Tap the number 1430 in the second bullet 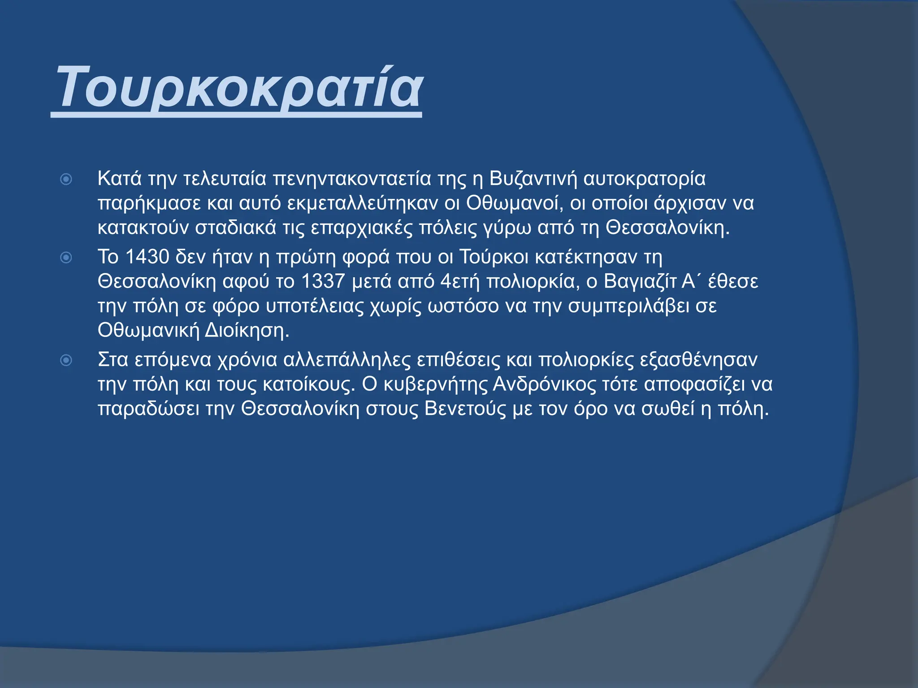[147, 257]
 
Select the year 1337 [323, 282]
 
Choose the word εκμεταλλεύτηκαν [362, 203]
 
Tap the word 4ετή [460, 282]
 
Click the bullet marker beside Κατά [66, 180]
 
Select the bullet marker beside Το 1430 [66, 258]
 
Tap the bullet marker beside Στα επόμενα [66, 360]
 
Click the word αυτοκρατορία [645, 179]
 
